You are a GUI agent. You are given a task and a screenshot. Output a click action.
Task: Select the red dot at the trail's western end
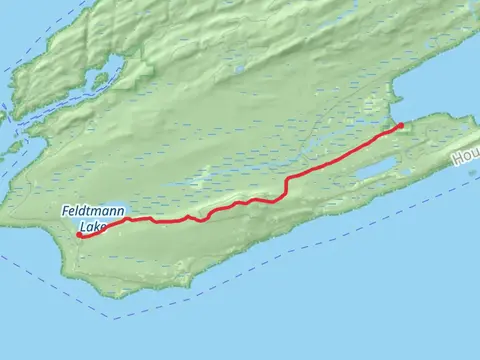click(x=79, y=236)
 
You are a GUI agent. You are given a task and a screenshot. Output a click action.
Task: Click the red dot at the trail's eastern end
click(x=400, y=126)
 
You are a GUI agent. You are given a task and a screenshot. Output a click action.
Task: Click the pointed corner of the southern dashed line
click(x=113, y=319)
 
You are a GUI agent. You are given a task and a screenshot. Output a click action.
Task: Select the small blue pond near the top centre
click(x=239, y=69)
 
